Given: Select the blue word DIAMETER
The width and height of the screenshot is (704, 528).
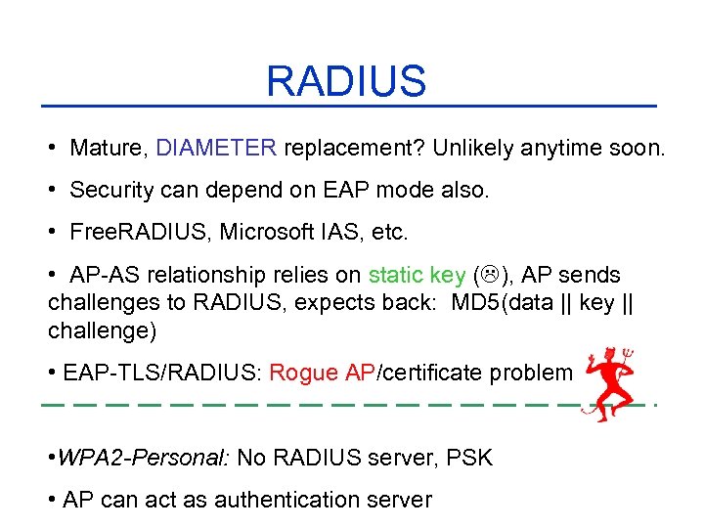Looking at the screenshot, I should click(x=216, y=149).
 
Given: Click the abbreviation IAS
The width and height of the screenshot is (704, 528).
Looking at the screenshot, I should click(x=342, y=232).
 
